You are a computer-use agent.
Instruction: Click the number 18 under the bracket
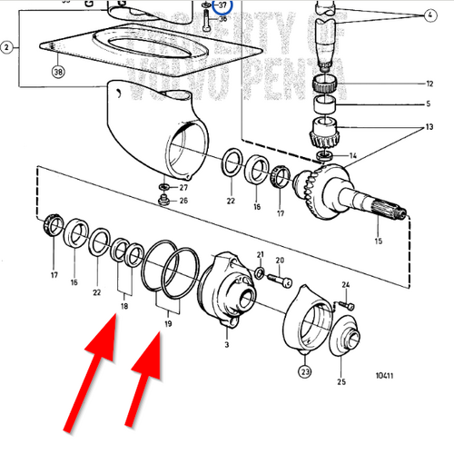click(123, 306)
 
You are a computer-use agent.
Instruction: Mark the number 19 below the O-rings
click(166, 322)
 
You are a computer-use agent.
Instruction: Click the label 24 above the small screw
click(346, 285)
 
